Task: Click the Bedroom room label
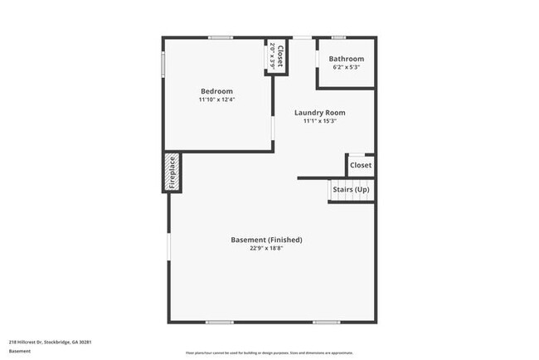tap(216, 91)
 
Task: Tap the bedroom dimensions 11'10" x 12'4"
tap(216, 100)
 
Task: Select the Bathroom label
tap(346, 59)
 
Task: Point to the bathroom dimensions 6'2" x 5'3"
tap(346, 67)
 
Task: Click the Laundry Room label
tap(319, 113)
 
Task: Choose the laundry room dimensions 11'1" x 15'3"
tap(319, 121)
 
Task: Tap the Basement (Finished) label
tap(266, 240)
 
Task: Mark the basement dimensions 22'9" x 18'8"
tap(266, 248)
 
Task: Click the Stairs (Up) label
tap(351, 190)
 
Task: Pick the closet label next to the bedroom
tap(280, 56)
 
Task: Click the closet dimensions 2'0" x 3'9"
tap(272, 56)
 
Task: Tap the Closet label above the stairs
tap(361, 165)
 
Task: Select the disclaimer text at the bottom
tap(269, 353)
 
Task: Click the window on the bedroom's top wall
tap(220, 37)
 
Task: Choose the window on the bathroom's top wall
tap(337, 37)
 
